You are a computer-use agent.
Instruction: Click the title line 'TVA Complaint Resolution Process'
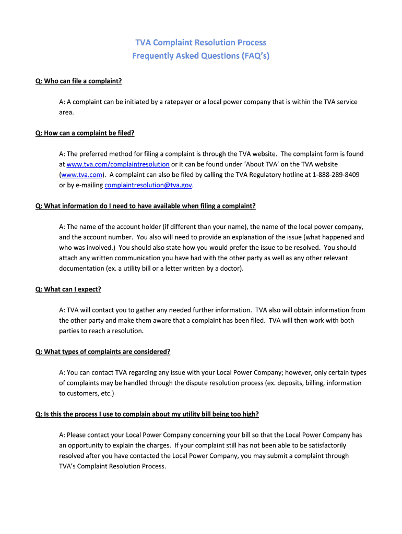[201, 42]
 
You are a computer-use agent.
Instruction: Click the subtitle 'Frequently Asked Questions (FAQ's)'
[201, 56]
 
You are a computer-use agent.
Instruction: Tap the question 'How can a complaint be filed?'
[85, 133]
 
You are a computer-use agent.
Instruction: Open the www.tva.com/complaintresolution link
[118, 164]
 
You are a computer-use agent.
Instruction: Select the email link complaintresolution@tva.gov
[148, 185]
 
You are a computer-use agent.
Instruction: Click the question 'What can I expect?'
[68, 289]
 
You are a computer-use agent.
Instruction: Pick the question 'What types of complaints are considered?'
[103, 352]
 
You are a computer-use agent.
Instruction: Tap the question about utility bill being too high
[147, 415]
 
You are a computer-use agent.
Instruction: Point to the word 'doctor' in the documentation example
[230, 269]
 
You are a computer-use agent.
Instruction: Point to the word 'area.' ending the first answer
[67, 112]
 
